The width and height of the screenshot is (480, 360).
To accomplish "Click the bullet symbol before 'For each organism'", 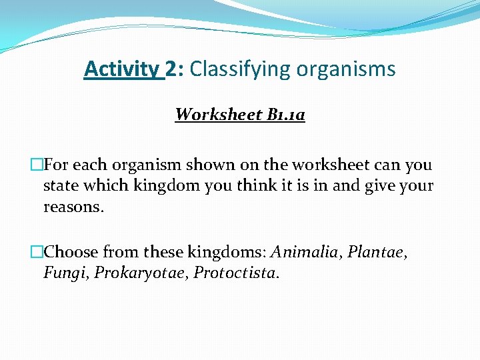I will tap(37, 165).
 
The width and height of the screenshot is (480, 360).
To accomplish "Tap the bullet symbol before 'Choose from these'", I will tap(37, 253).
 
